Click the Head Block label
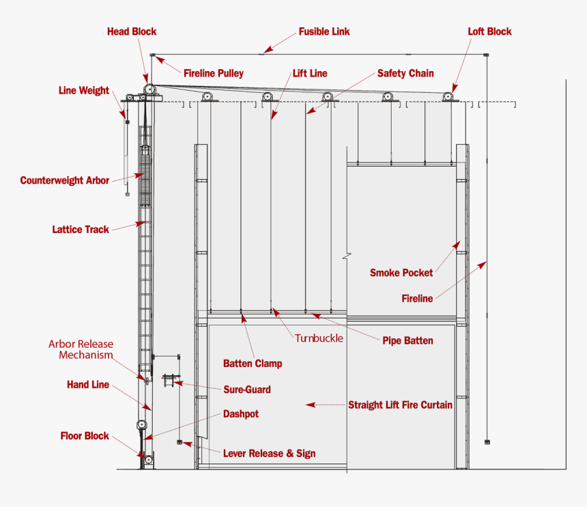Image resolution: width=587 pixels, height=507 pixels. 132,31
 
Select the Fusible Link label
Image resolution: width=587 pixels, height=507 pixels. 324,32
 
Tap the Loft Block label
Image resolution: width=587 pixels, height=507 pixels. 489,31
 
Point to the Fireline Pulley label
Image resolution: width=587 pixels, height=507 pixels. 213,73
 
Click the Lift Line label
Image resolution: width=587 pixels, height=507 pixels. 310,73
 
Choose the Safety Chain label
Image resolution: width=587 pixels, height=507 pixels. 405,73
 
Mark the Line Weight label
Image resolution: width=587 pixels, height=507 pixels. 84,90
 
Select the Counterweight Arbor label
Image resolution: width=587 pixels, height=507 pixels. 65,180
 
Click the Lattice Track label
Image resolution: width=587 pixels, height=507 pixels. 81,230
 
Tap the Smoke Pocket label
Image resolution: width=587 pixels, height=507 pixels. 401,273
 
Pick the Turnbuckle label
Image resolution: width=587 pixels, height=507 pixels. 319,338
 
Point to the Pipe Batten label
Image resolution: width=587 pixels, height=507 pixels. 407,340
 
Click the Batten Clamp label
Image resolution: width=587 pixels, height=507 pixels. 253,364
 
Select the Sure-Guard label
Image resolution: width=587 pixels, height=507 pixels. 247,389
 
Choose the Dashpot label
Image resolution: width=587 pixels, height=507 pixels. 241,414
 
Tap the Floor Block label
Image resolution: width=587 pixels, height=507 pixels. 85,436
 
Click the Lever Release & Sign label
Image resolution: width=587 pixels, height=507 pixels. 269,453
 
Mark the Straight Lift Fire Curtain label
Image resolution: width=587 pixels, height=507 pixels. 400,405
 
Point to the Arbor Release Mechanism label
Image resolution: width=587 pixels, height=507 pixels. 81,349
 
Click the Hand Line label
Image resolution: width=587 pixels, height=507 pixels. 88,385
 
